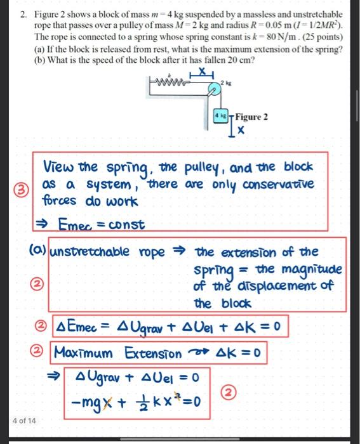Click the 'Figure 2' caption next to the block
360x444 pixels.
coord(251,117)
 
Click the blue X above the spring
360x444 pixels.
coord(202,71)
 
